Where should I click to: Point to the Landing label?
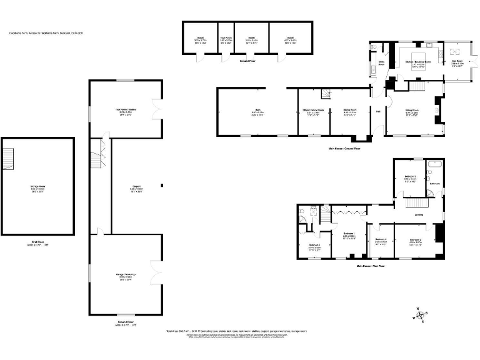[419, 216]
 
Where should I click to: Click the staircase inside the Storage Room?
[8, 156]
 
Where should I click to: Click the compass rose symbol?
[420, 316]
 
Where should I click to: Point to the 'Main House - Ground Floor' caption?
[344, 148]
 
